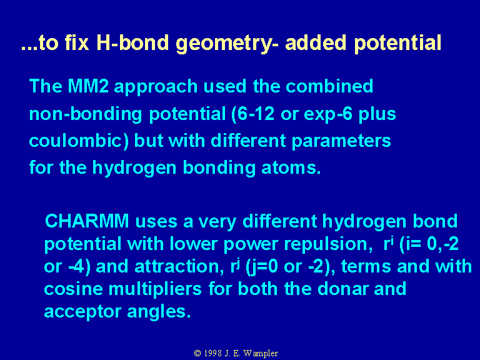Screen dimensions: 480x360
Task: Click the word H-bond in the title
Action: [132, 42]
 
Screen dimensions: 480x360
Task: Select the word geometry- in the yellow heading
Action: [227, 44]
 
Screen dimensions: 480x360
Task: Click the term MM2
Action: [88, 86]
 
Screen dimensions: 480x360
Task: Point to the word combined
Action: [329, 86]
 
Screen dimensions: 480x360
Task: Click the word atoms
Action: [291, 167]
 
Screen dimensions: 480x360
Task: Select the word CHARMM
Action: [87, 221]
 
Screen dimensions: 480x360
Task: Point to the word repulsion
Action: [326, 244]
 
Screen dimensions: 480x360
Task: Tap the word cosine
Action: [74, 289]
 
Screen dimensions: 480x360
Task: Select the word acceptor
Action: [82, 312]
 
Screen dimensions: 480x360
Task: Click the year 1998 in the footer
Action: [212, 353]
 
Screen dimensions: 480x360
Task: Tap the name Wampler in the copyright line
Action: [261, 354]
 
